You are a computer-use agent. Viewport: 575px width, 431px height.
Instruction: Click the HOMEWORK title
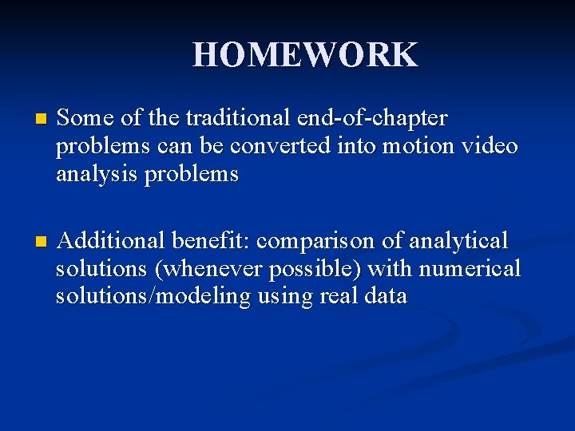(304, 54)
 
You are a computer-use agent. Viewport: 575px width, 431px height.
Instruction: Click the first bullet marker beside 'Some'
(30, 120)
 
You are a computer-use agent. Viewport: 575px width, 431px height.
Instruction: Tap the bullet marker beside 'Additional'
(30, 242)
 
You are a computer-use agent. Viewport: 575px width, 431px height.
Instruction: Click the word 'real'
(338, 296)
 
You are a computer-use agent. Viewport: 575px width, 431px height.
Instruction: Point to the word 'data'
(386, 296)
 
